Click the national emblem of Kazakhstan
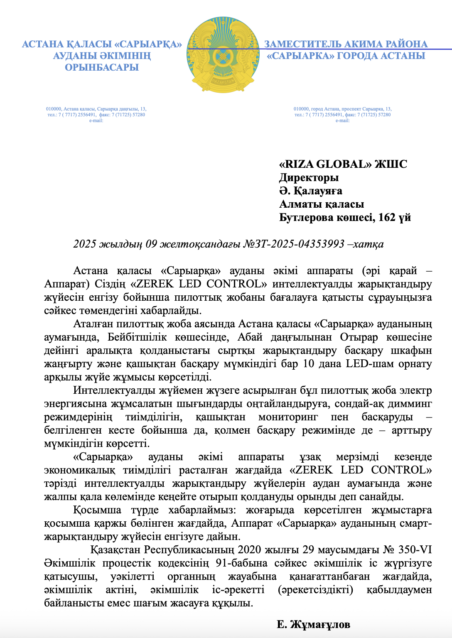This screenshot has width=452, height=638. [226, 55]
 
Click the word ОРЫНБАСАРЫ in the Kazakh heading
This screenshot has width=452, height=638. [102, 67]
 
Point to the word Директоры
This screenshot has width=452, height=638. [309, 177]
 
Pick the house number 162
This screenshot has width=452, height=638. [387, 217]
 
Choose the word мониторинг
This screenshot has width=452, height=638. [288, 417]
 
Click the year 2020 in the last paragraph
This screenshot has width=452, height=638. [249, 550]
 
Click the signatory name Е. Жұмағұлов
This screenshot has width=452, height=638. [313, 624]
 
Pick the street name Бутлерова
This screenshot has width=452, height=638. [305, 217]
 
